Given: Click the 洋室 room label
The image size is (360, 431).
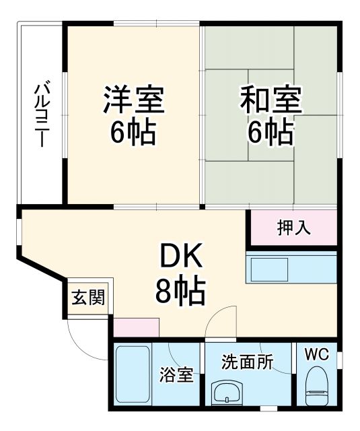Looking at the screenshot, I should coord(133,100).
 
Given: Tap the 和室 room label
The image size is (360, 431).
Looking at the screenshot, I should coord(271,100).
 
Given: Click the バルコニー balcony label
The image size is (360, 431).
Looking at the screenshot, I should coord(41,114).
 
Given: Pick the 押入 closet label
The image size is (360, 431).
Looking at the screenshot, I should coord(294,227).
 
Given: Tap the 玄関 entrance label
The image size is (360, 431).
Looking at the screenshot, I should coord(89,298).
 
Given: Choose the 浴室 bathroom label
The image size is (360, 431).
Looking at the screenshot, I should coord(177,375).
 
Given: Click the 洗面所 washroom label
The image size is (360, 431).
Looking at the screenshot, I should coord(247,361).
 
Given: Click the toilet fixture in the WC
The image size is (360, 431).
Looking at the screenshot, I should coord(316,388).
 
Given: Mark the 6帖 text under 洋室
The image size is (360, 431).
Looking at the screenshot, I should coord(133,133).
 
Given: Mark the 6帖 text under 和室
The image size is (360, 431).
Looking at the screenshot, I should coord(271,133).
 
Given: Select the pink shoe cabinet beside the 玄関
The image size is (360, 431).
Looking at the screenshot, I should coord(137,328).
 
